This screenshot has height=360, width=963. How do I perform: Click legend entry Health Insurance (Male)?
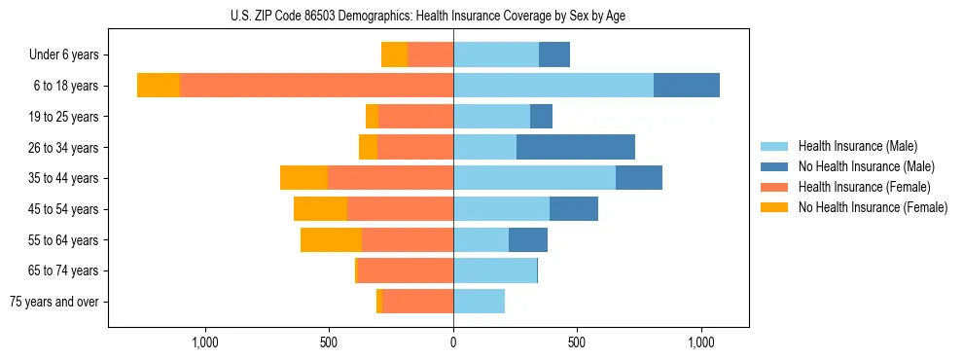857,146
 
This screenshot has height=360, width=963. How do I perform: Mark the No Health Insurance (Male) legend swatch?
775,166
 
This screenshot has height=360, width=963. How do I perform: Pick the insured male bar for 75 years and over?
479,302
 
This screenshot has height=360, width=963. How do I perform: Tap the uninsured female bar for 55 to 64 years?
331,239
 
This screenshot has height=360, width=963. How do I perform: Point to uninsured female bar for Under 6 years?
394,54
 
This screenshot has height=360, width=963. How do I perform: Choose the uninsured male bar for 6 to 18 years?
687,86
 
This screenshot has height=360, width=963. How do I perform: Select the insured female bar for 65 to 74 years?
406,270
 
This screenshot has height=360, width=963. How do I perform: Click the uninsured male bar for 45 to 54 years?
574,209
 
